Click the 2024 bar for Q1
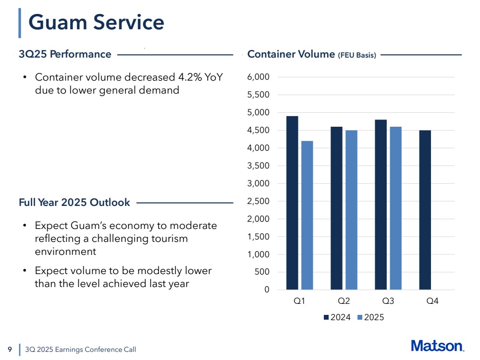click(x=292, y=203)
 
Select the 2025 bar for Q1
click(x=307, y=215)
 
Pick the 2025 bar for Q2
click(x=351, y=210)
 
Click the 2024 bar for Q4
click(x=425, y=210)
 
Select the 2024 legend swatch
click(x=327, y=317)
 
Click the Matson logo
click(x=437, y=346)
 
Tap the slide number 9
click(x=10, y=349)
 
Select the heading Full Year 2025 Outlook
click(x=74, y=203)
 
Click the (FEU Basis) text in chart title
click(x=357, y=55)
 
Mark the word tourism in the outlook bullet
click(x=170, y=239)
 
